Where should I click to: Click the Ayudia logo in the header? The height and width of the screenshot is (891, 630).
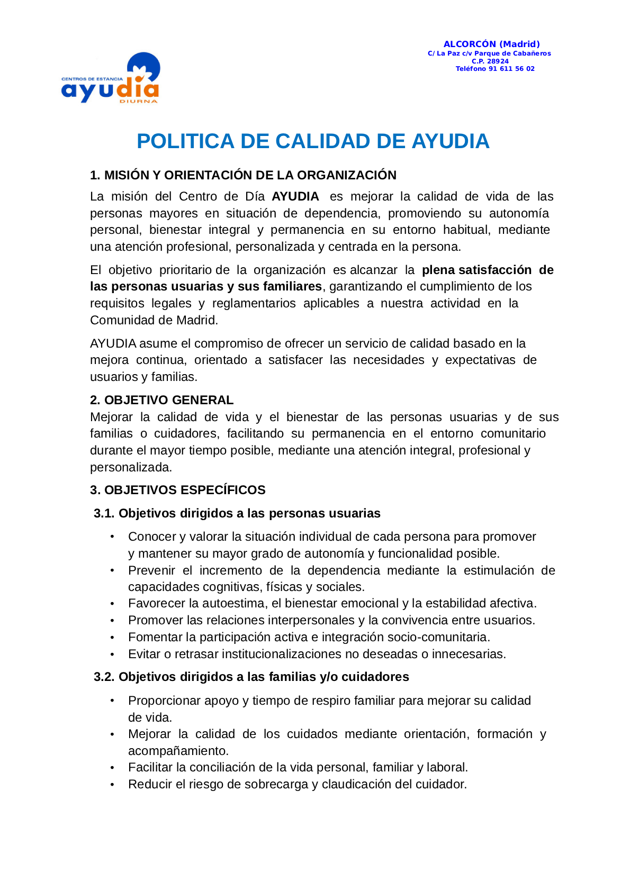[x=111, y=78]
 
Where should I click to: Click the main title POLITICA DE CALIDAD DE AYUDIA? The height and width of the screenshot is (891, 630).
[x=313, y=141]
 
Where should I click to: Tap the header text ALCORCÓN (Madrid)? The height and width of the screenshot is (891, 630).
[x=491, y=44]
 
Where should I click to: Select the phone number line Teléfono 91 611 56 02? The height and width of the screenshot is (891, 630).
[x=495, y=69]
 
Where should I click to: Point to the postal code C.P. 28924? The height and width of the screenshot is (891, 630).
[x=490, y=61]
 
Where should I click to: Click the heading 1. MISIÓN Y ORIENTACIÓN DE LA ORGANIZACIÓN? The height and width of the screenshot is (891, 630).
[x=243, y=175]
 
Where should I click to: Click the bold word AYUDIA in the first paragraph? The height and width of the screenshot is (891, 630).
[x=295, y=197]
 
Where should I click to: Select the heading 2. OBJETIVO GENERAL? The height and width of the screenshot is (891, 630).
[x=161, y=400]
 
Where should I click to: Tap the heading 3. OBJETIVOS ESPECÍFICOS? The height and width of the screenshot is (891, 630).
[x=177, y=490]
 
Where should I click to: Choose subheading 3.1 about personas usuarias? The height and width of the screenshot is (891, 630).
[x=237, y=513]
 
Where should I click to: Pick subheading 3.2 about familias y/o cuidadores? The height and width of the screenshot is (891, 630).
[x=251, y=677]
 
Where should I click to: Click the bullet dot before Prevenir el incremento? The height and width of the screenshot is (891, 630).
[x=112, y=570]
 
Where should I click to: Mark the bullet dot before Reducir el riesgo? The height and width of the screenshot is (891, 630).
[x=112, y=784]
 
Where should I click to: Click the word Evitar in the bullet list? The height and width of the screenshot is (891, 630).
[x=144, y=654]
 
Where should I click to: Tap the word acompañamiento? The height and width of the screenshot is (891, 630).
[x=178, y=751]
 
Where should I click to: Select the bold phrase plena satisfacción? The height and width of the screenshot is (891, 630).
[x=476, y=270]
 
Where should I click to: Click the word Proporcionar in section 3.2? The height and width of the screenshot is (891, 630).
[x=164, y=701]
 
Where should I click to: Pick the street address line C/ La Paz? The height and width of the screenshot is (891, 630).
[x=489, y=53]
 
